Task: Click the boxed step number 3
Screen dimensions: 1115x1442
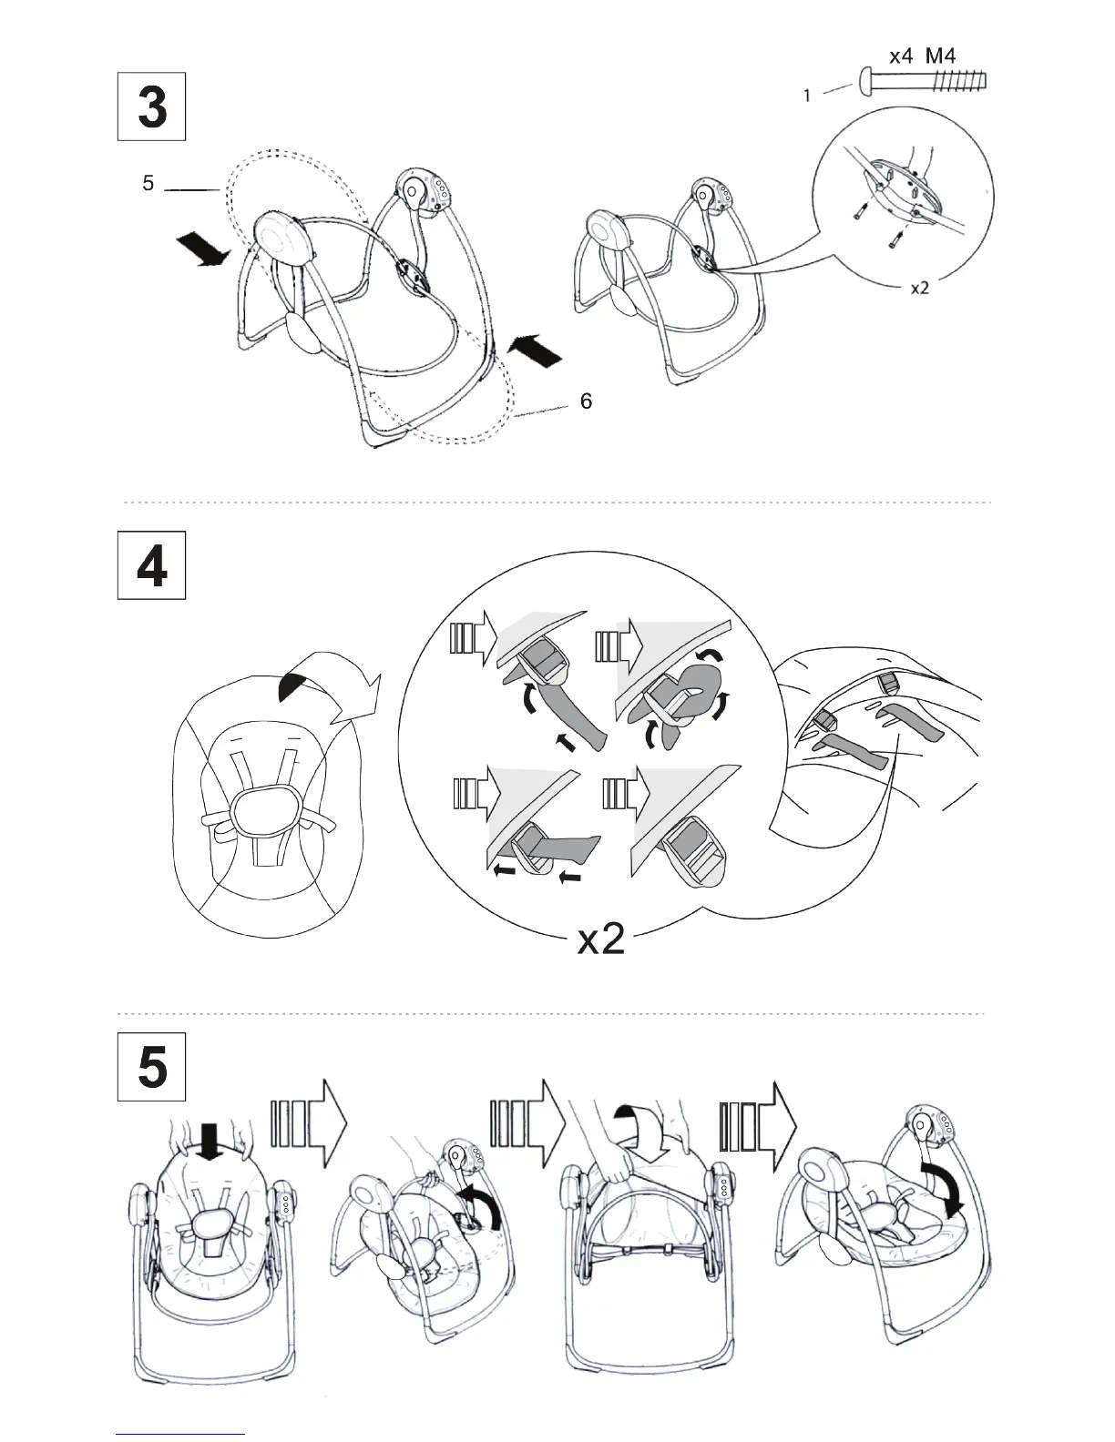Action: coord(151,107)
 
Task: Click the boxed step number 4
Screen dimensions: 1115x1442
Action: coord(151,565)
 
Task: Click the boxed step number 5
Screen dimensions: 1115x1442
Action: coord(151,1067)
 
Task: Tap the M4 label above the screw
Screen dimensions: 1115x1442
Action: coord(940,56)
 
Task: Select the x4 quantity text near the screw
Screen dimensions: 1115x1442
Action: coord(901,56)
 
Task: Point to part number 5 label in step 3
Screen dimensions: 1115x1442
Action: coord(148,183)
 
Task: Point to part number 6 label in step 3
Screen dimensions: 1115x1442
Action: coord(586,401)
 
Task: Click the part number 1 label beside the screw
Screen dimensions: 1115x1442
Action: coord(807,96)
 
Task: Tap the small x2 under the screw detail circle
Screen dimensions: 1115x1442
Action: coord(920,288)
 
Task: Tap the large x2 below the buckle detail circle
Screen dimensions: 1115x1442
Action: coord(601,939)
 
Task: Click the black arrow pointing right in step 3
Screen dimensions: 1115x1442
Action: coord(203,252)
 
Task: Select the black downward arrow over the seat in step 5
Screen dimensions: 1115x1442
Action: coord(211,1141)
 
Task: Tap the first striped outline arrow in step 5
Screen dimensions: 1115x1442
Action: coord(310,1123)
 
